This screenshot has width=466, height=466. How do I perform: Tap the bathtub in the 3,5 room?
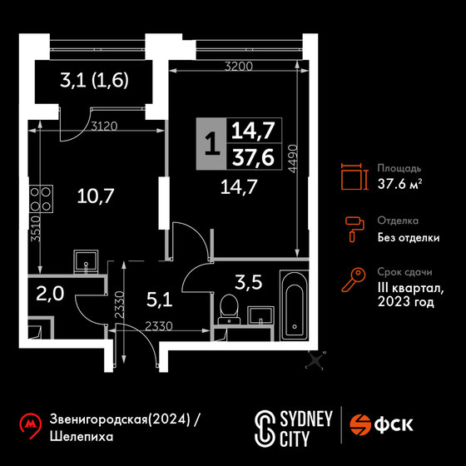(x=294, y=305)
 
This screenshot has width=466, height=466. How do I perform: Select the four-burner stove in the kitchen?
(x=41, y=199)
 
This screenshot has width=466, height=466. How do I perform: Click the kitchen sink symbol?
(x=86, y=261)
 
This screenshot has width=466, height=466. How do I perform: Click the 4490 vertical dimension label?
(x=293, y=159)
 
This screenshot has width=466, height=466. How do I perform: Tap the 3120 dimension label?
(x=104, y=126)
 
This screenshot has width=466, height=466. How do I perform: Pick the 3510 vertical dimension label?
(x=36, y=228)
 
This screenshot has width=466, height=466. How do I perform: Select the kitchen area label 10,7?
(x=96, y=196)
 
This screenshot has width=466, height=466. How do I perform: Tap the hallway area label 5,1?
(x=160, y=300)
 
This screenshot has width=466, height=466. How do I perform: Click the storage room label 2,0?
(x=50, y=294)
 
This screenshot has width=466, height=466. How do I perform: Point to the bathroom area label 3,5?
(x=249, y=282)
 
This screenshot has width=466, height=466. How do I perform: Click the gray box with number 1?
(x=211, y=144)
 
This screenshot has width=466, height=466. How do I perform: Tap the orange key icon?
(x=354, y=279)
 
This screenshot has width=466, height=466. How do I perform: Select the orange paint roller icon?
(x=354, y=229)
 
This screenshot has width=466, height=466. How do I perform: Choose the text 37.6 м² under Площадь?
(x=400, y=184)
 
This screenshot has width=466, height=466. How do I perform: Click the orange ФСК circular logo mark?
(x=360, y=424)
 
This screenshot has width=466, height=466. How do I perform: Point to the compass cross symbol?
(x=315, y=360)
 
